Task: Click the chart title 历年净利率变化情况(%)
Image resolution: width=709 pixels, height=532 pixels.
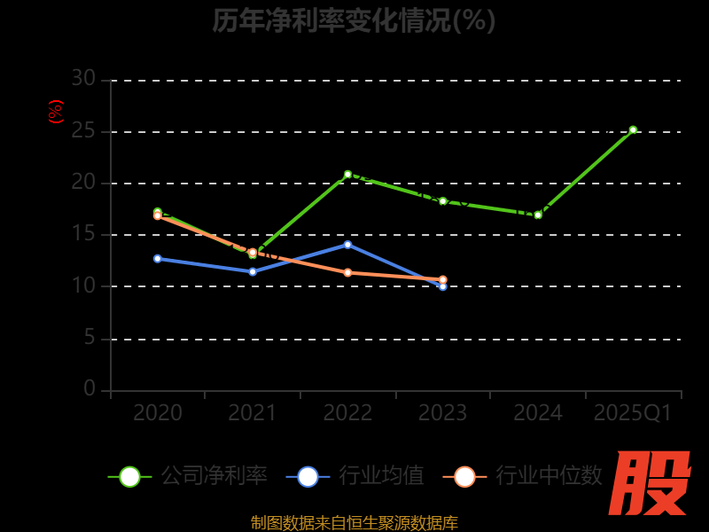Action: point(354,20)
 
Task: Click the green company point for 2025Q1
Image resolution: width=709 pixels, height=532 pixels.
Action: point(633,129)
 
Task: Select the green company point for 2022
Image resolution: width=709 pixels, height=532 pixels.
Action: point(347,175)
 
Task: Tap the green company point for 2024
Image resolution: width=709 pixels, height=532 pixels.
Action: point(538,215)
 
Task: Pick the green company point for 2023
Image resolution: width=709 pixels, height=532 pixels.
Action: point(443,201)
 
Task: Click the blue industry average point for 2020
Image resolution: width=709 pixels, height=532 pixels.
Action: point(158,259)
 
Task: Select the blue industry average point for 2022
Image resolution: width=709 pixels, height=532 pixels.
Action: point(347,244)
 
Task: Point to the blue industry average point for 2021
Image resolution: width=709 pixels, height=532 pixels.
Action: point(253,271)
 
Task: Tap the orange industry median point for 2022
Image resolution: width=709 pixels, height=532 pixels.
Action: point(347,272)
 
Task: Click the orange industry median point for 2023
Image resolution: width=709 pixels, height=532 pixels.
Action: point(443,279)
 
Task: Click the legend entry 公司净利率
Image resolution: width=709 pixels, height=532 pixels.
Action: point(188,476)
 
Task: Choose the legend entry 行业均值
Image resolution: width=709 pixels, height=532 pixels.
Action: point(355,476)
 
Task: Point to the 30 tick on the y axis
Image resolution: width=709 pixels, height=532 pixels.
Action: point(83,79)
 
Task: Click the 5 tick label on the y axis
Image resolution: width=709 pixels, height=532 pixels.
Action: point(89,338)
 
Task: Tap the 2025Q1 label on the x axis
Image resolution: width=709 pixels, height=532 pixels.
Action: point(633,413)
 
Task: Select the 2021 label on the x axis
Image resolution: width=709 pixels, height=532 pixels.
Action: point(253,413)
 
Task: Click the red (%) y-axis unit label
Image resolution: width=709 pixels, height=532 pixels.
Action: point(56,112)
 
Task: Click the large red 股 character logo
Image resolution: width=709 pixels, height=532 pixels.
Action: point(651,483)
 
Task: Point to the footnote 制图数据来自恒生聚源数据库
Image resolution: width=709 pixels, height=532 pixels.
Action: point(354,522)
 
